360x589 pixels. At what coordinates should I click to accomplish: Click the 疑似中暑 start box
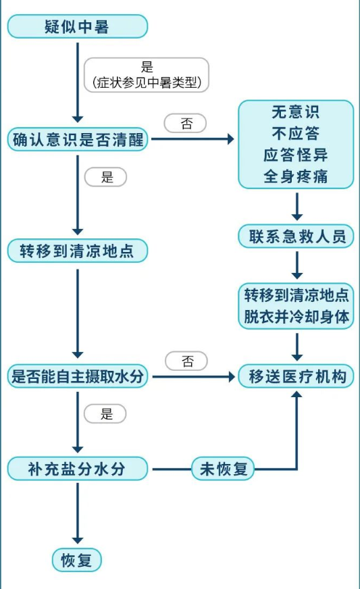pyautogui.click(x=78, y=26)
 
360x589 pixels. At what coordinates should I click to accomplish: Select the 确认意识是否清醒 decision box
pyautogui.click(x=78, y=139)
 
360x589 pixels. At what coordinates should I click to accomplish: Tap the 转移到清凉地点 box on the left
pyautogui.click(x=78, y=251)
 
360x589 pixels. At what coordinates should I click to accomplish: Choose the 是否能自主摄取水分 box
pyautogui.click(x=78, y=376)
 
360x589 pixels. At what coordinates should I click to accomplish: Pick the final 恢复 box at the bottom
pyautogui.click(x=76, y=561)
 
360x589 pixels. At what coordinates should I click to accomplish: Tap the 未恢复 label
pyautogui.click(x=223, y=468)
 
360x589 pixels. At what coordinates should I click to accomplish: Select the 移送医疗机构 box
pyautogui.click(x=296, y=376)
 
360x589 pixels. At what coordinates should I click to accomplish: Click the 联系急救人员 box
pyautogui.click(x=296, y=236)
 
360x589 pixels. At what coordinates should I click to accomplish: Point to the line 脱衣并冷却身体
pyautogui.click(x=297, y=317)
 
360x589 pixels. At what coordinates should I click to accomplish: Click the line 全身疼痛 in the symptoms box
pyautogui.click(x=296, y=176)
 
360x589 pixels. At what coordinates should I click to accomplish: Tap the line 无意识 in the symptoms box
pyautogui.click(x=296, y=112)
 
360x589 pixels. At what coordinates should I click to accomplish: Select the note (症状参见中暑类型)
pyautogui.click(x=147, y=82)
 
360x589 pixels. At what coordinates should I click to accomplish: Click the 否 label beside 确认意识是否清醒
pyautogui.click(x=186, y=123)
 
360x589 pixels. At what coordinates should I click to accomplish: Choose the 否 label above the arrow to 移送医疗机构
pyautogui.click(x=186, y=361)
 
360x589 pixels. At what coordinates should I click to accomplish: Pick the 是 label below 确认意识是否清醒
pyautogui.click(x=106, y=177)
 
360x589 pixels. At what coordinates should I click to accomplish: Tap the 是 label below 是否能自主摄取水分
pyautogui.click(x=105, y=413)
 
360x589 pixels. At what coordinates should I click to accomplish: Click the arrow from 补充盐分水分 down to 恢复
pyautogui.click(x=78, y=513)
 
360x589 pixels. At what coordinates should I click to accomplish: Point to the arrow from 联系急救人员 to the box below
pyautogui.click(x=297, y=265)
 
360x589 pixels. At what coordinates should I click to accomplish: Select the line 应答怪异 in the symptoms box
pyautogui.click(x=296, y=155)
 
